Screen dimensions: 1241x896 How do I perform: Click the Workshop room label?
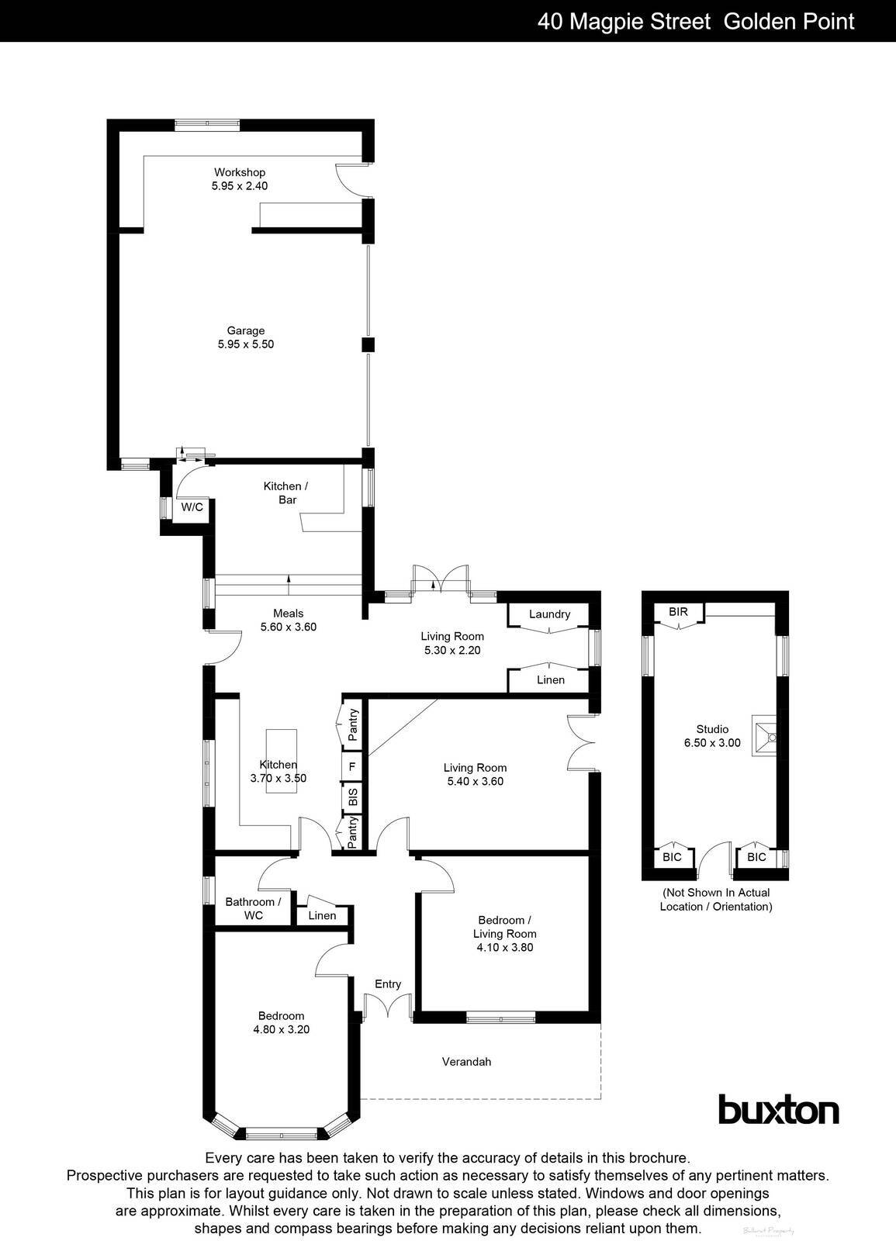pos(240,172)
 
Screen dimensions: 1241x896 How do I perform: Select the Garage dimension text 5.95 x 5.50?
pos(246,344)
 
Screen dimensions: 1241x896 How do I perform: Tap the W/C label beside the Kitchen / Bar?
pos(192,507)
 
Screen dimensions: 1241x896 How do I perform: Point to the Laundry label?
pos(549,614)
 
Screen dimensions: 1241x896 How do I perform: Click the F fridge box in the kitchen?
pos(353,766)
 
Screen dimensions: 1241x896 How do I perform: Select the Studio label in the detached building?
pos(712,729)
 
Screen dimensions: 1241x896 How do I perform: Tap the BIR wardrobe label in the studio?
pos(678,612)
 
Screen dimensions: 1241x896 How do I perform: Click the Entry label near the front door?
pos(388,984)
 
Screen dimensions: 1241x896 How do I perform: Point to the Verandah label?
pos(466,1062)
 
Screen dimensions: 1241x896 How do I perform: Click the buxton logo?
pos(778,1110)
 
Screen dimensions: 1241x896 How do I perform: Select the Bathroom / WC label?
pos(253,908)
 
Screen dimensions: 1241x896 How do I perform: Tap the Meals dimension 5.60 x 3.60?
pos(289,627)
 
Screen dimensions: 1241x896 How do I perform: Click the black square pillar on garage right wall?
pos(368,345)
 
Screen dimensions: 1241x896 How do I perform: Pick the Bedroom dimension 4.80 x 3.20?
pos(281,1030)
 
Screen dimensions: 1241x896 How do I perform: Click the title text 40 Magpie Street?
pos(624,21)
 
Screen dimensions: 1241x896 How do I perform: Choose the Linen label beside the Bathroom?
pos(322,916)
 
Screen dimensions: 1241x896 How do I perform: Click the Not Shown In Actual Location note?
pos(716,900)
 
